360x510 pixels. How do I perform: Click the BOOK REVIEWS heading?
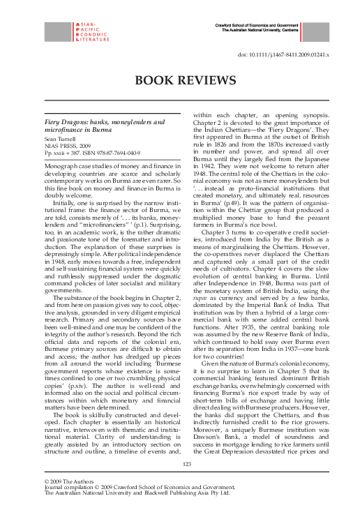[x=180, y=80]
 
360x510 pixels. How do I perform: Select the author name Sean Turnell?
[x=61, y=140]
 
